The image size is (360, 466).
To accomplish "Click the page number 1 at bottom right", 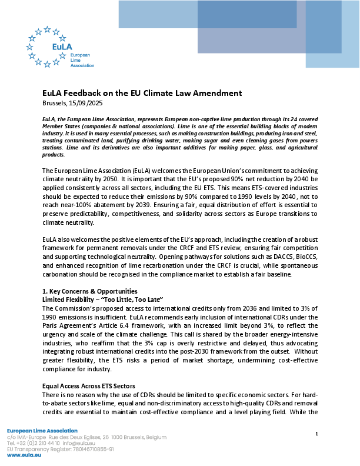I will (x=316, y=434).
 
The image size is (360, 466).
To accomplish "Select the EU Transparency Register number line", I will (x=60, y=449).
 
